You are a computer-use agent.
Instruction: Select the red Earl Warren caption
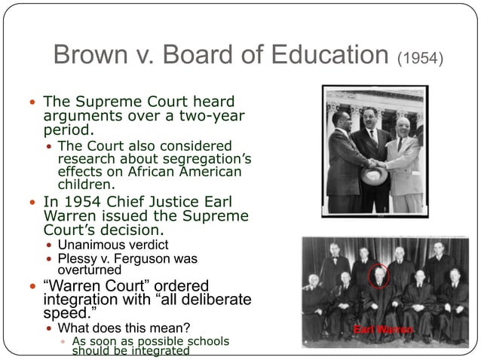(384, 330)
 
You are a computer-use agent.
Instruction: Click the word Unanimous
(93, 245)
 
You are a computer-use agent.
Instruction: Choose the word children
(87, 183)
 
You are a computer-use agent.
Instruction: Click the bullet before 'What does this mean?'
(50, 328)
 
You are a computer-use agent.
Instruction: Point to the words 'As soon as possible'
(130, 341)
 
